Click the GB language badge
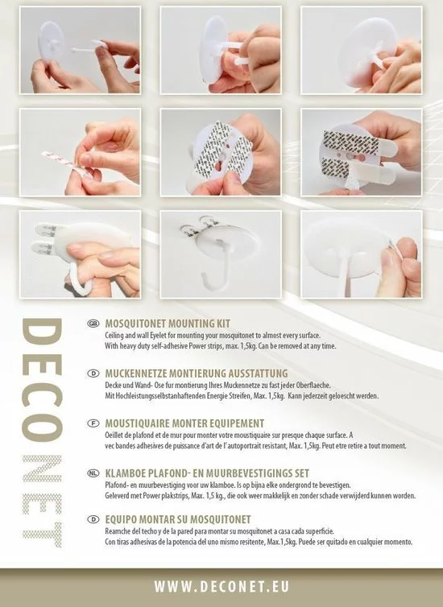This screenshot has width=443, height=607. tap(93, 324)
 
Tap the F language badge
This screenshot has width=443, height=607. tap(93, 423)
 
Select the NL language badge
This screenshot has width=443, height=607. tap(93, 473)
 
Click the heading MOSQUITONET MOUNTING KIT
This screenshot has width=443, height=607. tap(168, 324)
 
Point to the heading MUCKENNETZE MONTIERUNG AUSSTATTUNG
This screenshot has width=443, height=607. tap(197, 374)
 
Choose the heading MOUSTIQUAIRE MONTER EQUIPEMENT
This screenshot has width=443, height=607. tap(184, 423)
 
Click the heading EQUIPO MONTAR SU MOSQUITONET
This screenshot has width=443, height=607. tap(178, 519)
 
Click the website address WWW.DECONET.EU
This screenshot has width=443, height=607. tap(221, 587)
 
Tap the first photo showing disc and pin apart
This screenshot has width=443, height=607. tap(81, 51)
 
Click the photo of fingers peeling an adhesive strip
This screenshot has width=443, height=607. tap(81, 152)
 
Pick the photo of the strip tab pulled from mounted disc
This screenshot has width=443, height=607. tap(362, 254)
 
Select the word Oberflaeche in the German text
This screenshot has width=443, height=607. tap(313, 386)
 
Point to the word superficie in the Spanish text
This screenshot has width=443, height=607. tap(321, 531)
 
